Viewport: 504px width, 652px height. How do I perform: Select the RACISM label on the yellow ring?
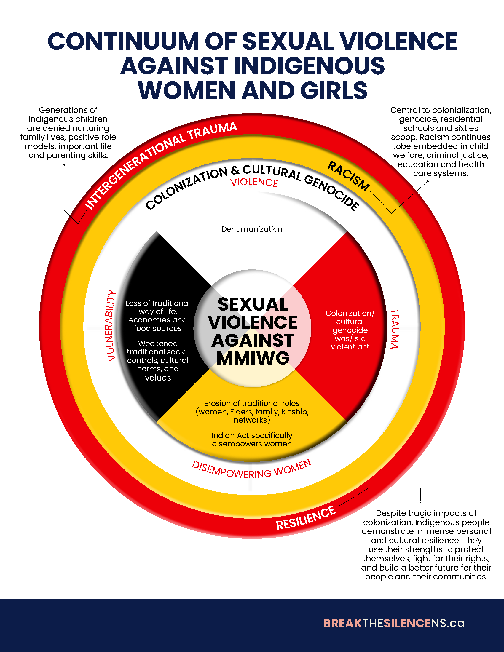(348, 176)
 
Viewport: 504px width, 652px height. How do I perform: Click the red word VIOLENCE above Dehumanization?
(254, 182)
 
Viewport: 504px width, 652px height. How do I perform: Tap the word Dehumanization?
(252, 229)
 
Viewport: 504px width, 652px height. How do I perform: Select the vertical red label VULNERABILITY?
(111, 325)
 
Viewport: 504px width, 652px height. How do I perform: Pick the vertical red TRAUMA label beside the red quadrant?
(395, 329)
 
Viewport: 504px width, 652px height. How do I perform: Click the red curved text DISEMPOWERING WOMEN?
(251, 470)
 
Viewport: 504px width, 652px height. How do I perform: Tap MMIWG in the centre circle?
(253, 358)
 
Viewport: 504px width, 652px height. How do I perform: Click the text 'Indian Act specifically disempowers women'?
(252, 440)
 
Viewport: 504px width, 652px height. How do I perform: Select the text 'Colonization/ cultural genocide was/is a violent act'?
(350, 330)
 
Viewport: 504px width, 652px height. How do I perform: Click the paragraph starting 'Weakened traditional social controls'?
(158, 360)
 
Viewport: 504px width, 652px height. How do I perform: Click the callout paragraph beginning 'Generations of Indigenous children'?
(68, 132)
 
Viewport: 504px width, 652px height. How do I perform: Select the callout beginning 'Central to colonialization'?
(440, 141)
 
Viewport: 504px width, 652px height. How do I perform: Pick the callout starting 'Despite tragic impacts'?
(426, 544)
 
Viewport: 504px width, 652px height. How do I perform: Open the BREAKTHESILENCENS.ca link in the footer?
(393, 623)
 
